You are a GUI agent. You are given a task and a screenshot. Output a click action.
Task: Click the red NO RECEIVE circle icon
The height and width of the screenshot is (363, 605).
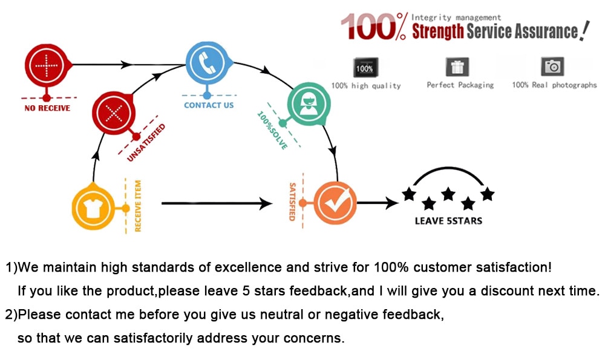[47, 65]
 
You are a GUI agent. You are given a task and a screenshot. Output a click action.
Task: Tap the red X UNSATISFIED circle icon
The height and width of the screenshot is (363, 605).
[114, 113]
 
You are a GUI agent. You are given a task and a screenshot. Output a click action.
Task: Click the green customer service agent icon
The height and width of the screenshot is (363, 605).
[308, 104]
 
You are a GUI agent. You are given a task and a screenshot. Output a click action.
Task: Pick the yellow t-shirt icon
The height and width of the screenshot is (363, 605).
[94, 208]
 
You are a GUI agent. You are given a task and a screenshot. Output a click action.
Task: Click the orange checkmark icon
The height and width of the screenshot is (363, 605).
[335, 203]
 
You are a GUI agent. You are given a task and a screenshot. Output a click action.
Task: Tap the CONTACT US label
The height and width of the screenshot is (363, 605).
[209, 105]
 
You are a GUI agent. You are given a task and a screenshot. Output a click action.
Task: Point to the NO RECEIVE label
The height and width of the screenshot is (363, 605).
[47, 108]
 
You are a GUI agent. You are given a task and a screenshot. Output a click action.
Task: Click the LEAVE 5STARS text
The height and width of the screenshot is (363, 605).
[448, 221]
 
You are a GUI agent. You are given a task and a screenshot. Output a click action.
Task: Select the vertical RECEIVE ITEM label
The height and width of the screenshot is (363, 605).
[138, 206]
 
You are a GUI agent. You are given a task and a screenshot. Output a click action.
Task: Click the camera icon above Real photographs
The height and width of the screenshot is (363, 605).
[552, 67]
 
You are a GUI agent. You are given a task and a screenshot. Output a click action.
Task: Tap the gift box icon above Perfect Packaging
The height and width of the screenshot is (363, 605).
[457, 67]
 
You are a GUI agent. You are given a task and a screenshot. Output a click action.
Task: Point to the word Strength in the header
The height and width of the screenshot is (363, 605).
[438, 31]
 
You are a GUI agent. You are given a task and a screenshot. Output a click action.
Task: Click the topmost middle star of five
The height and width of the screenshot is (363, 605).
[448, 194]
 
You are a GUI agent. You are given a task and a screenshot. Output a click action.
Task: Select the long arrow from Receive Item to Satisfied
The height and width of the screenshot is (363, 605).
[217, 203]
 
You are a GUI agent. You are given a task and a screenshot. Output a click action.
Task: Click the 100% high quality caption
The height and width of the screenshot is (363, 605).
[366, 86]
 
